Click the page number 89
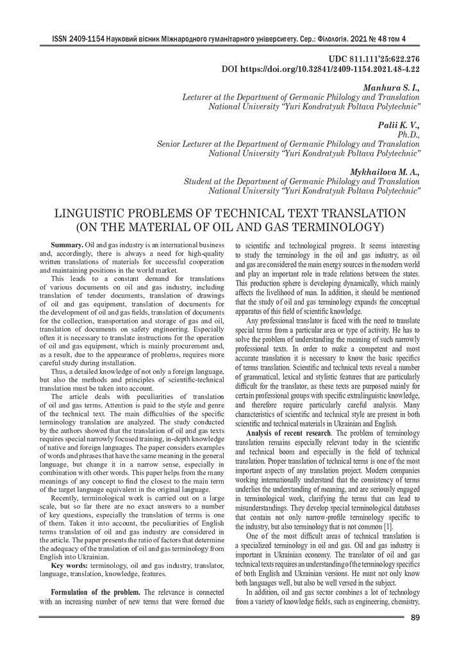click(415, 617)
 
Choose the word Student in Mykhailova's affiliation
click(199, 182)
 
